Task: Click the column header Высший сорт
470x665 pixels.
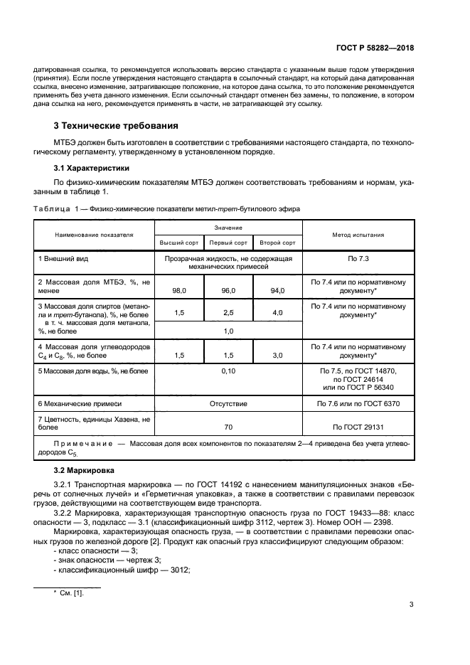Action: tap(179, 243)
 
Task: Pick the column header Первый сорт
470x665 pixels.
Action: tap(228, 243)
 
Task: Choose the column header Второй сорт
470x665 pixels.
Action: tap(277, 243)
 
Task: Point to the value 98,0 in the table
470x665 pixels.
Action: tap(179, 290)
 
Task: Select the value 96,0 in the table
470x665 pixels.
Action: tap(228, 290)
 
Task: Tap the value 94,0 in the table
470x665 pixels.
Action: tap(277, 290)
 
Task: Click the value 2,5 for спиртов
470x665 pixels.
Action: tap(228, 313)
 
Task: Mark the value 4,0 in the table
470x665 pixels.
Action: tap(277, 313)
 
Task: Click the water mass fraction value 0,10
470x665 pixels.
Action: tap(228, 371)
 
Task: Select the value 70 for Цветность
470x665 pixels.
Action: tap(228, 427)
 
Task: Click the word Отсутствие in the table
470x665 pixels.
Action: tap(228, 403)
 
